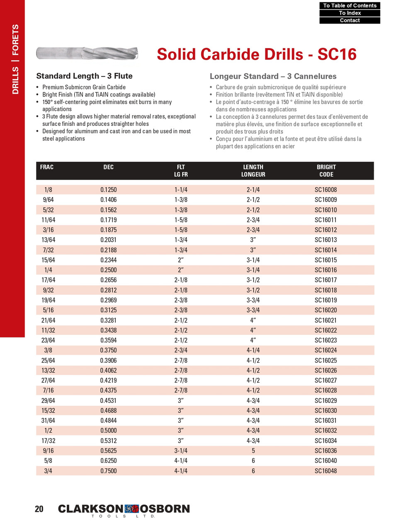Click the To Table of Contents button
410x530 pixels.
pos(349,5)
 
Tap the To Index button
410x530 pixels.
pos(349,13)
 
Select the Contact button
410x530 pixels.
pos(349,20)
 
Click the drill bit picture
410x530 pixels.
pos(87,53)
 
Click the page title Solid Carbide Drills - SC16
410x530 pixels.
pos(256,54)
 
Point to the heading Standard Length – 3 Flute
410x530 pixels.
pos(84,76)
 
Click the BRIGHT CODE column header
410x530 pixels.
pos(326,171)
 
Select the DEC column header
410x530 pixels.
pos(108,167)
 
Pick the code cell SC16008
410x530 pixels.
pos(326,190)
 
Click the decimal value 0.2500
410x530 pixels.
pos(109,270)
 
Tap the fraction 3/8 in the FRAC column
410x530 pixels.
pos(48,350)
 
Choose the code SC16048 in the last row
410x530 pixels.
pos(326,471)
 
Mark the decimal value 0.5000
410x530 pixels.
pos(109,431)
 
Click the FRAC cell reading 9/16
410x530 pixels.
pos(48,450)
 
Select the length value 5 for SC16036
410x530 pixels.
pos(253,450)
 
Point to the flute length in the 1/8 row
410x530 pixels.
pos(181,190)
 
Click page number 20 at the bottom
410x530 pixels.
pos(39,509)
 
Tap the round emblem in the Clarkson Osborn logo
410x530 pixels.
pos(131,509)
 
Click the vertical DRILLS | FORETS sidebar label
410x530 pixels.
pos(15,59)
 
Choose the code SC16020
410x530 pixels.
pos(326,310)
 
